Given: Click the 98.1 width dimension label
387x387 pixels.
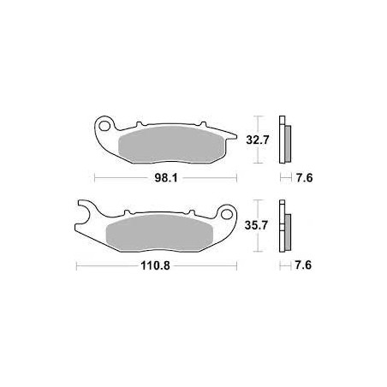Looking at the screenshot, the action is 166,178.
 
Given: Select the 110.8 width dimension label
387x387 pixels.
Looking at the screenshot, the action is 155,266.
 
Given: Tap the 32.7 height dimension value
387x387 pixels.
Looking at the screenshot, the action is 258,140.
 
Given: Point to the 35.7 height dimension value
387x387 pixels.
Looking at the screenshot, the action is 256,225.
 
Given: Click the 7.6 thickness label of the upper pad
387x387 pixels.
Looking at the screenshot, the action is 304,178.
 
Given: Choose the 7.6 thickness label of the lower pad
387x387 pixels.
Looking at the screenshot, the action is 303,265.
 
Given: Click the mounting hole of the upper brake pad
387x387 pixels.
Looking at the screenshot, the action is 105,126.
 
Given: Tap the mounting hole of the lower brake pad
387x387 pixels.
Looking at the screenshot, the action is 227,214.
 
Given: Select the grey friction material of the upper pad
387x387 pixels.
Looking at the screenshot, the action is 171,145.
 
